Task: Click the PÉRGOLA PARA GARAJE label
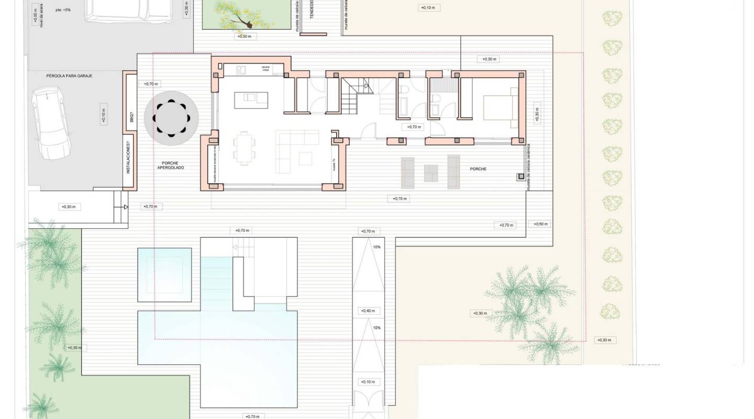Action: [x=69, y=76]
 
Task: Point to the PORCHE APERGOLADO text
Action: [x=171, y=166]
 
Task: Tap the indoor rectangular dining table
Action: [x=245, y=148]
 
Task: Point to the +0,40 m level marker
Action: [x=368, y=311]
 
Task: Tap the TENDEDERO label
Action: [x=311, y=10]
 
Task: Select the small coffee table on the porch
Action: [x=431, y=172]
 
